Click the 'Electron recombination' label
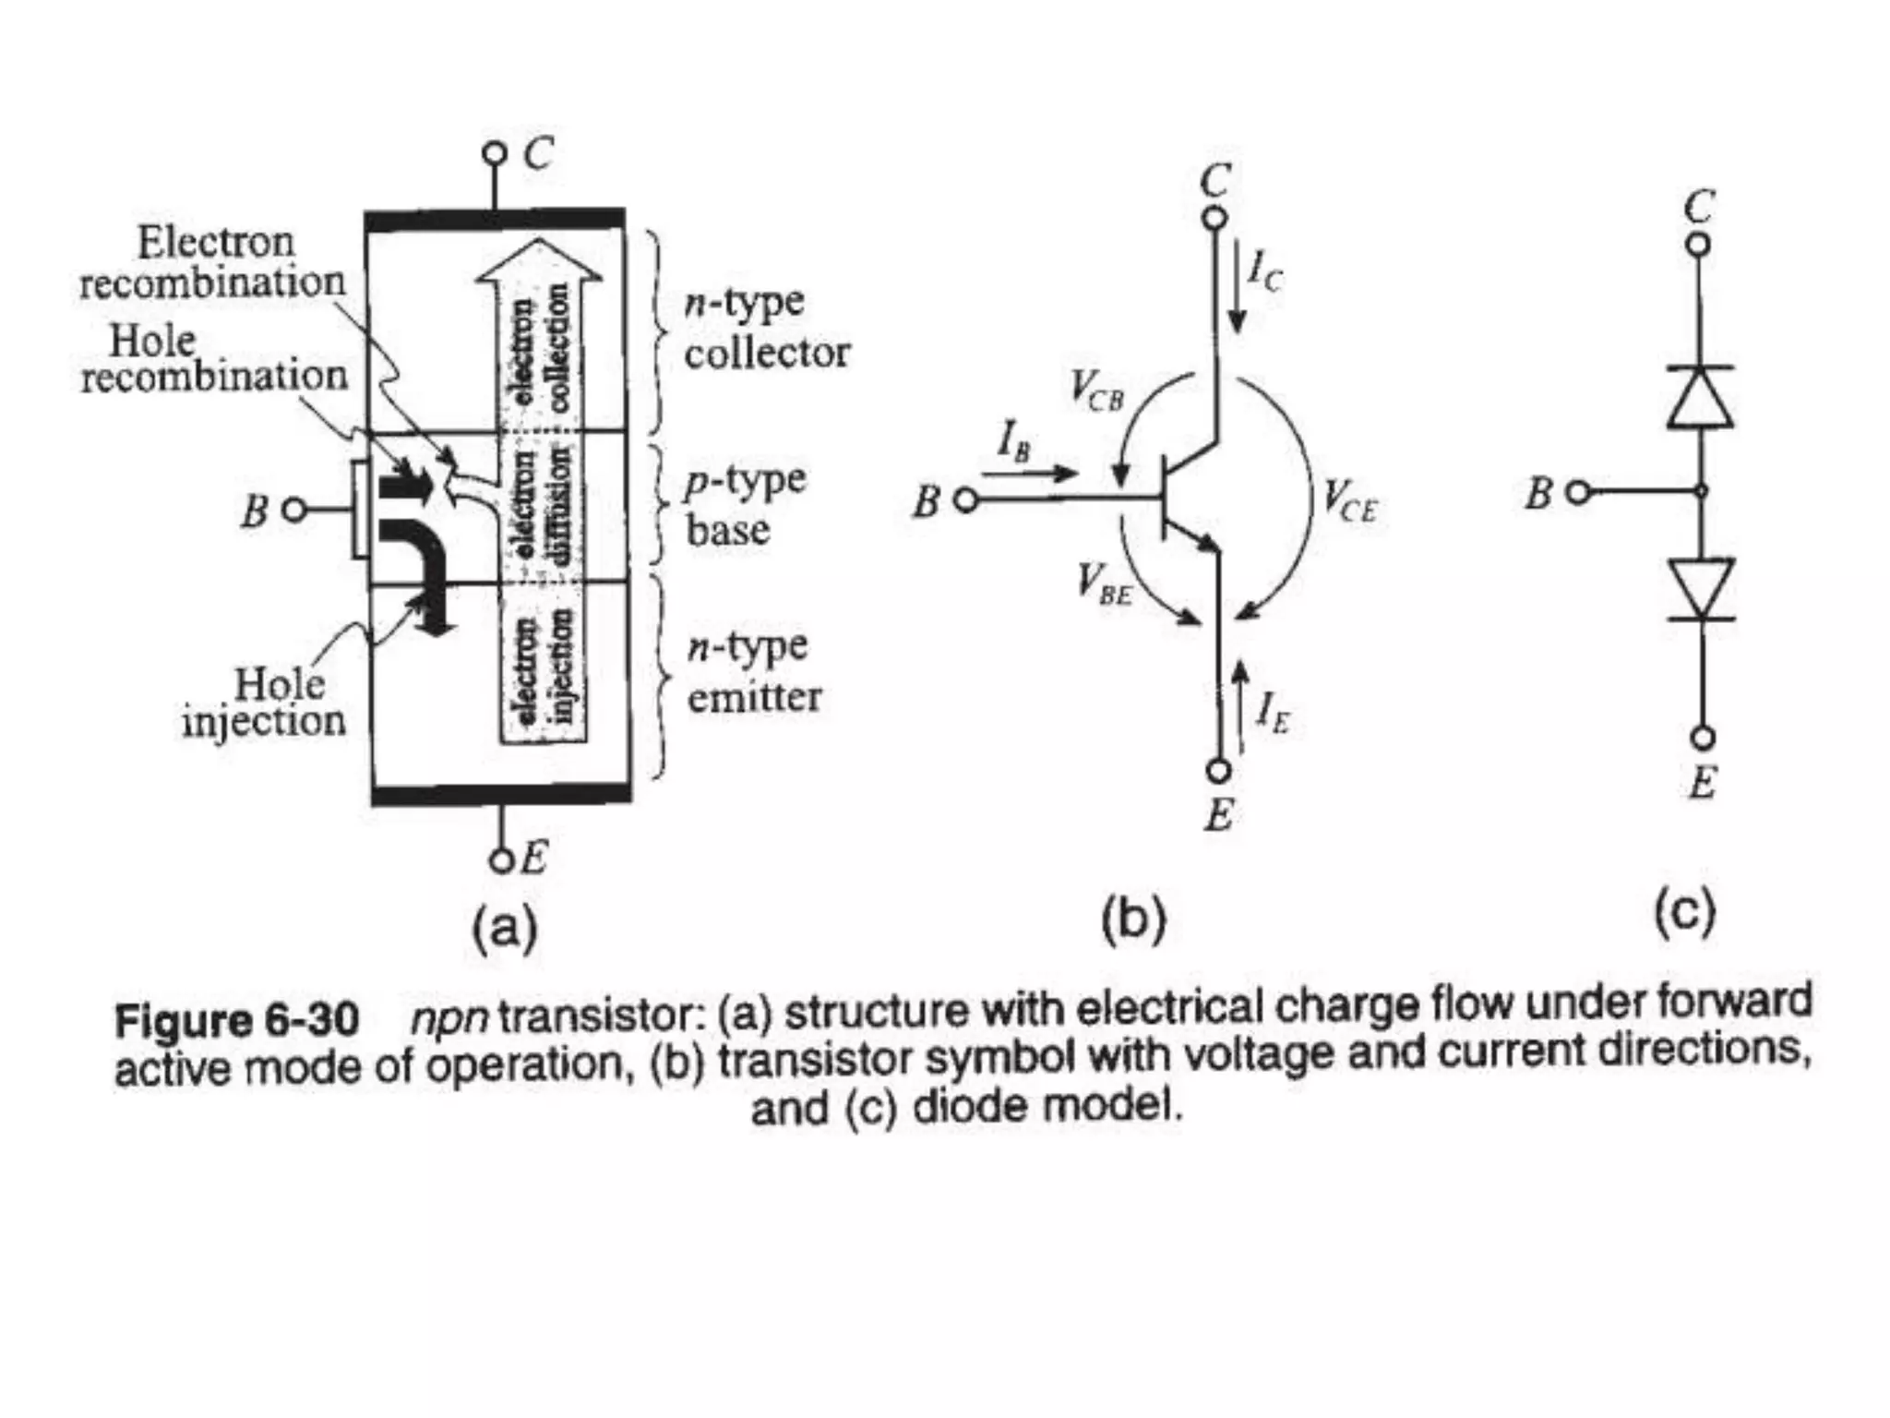(x=212, y=262)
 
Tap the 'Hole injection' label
(x=265, y=703)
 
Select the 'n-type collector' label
(x=766, y=328)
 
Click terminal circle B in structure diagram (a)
(x=293, y=510)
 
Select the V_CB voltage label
(x=1096, y=390)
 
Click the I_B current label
(x=1013, y=440)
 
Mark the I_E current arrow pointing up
(x=1241, y=703)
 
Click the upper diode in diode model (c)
(x=1700, y=397)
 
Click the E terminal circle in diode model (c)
(x=1703, y=738)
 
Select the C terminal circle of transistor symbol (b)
(x=1216, y=218)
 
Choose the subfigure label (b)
(x=1134, y=919)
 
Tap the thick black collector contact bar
(x=496, y=221)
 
